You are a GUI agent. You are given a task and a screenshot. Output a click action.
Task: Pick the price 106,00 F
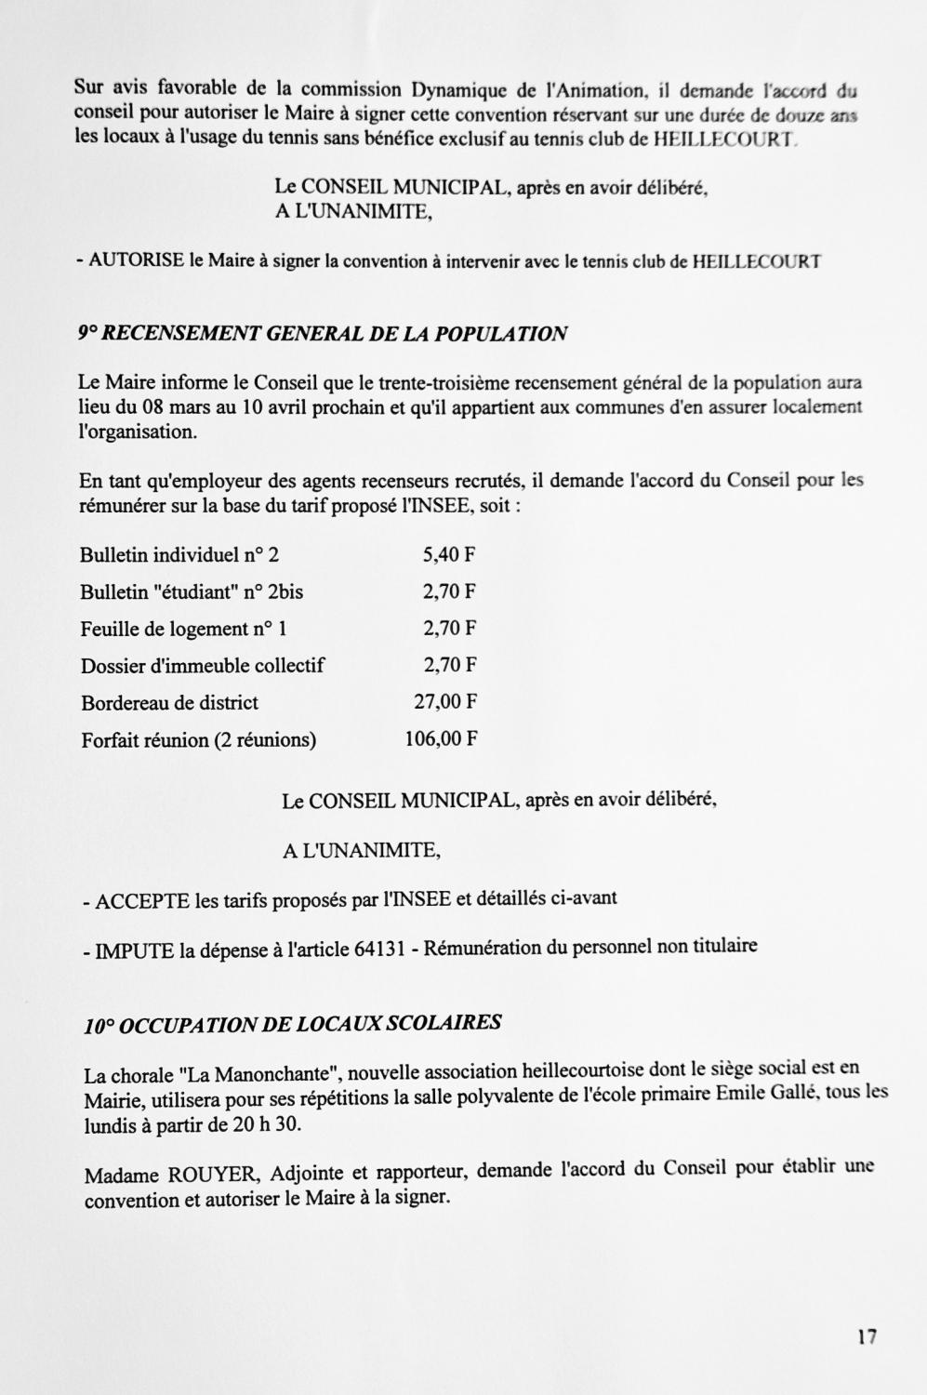tap(441, 739)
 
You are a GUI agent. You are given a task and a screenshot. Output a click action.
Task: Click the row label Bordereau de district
tap(169, 703)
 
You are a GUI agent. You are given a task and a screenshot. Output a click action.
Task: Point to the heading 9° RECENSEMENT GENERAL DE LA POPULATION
tap(323, 334)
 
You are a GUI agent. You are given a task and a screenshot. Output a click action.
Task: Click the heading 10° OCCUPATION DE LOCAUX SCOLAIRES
tap(292, 1025)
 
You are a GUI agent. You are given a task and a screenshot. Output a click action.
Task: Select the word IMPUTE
tap(135, 950)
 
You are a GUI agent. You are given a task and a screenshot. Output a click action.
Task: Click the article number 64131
tap(379, 949)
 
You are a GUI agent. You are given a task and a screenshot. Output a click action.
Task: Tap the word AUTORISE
tap(137, 261)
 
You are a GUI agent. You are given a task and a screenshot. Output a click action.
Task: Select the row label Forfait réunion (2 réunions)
tap(198, 740)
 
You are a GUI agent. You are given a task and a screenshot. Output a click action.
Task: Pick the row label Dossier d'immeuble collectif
tap(203, 666)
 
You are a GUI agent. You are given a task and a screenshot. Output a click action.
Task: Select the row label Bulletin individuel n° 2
tap(179, 556)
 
